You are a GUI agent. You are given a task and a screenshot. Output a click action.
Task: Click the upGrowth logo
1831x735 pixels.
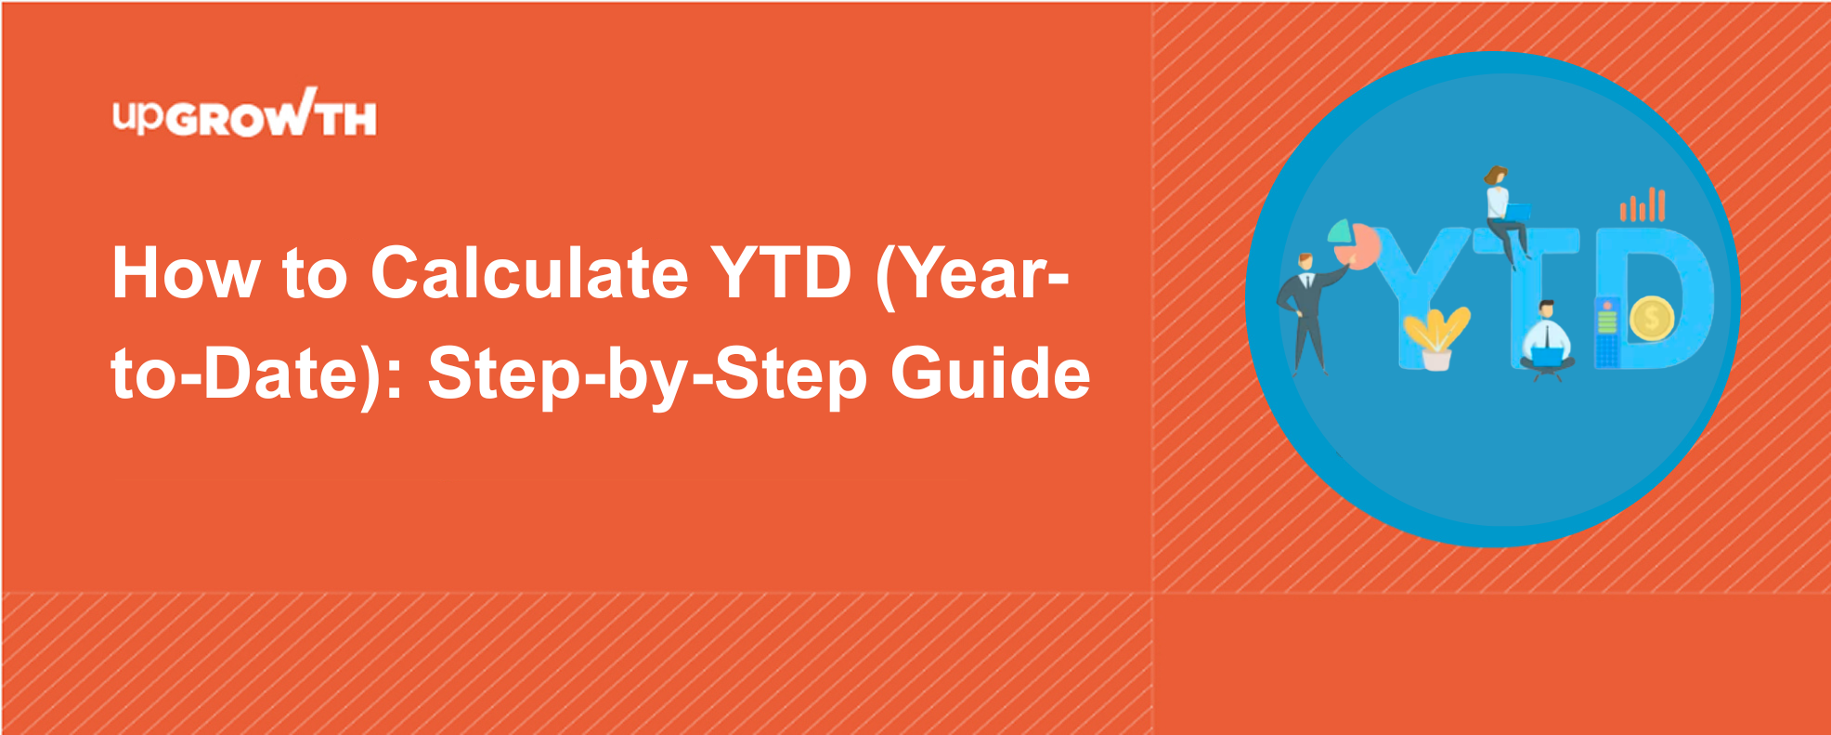pyautogui.click(x=244, y=112)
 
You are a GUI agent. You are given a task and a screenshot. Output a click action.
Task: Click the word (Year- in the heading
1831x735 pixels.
pyautogui.click(x=972, y=277)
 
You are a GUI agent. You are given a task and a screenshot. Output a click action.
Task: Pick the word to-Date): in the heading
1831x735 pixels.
pyautogui.click(x=257, y=376)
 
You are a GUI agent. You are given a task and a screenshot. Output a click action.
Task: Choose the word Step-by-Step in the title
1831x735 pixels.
pyautogui.click(x=647, y=376)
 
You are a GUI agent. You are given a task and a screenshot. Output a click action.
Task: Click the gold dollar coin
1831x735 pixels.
pyautogui.click(x=1650, y=320)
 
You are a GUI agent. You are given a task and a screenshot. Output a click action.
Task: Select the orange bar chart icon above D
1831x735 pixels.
pyautogui.click(x=1643, y=204)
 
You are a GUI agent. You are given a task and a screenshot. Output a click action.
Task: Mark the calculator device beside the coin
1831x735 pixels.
pyautogui.click(x=1607, y=332)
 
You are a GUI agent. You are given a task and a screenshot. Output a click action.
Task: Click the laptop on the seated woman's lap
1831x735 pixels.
pyautogui.click(x=1516, y=213)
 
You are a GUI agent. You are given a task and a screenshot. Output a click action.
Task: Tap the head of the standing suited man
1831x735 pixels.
pyautogui.click(x=1305, y=262)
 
